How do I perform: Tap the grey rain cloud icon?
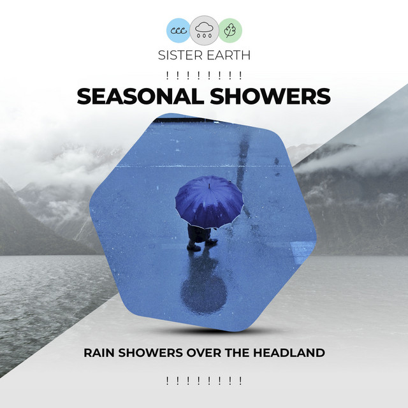coord(204,29)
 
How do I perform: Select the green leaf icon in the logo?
coord(230,30)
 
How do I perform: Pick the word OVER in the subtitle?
coord(207,353)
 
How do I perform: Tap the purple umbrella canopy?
coord(209,202)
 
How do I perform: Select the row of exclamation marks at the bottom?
coord(204,381)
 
